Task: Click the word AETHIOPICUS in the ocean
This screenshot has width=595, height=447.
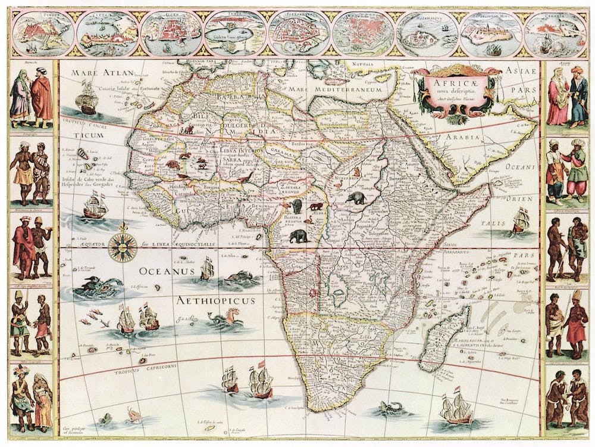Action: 215,301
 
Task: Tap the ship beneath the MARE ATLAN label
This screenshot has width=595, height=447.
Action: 87,98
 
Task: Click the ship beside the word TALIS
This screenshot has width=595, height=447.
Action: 521,221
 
